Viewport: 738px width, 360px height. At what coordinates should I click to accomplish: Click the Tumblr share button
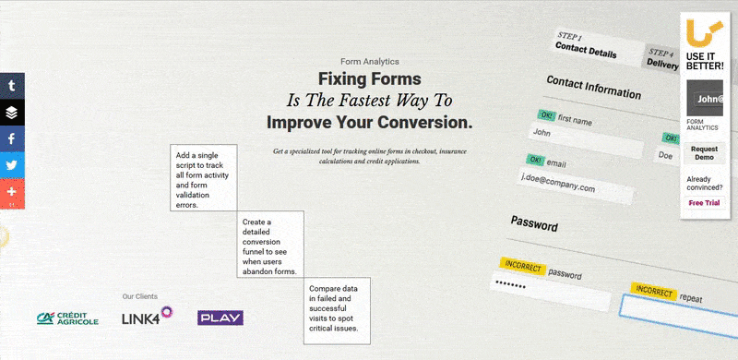[12, 86]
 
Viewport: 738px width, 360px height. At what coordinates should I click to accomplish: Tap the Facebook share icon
[12, 138]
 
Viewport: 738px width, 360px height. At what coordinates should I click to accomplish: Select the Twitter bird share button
[12, 165]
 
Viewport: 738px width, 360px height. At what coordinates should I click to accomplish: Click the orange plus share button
[12, 192]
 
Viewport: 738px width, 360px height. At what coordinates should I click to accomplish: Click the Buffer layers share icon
[12, 113]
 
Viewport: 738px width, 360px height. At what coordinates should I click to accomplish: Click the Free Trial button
[704, 202]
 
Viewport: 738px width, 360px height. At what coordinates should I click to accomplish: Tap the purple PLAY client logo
[220, 318]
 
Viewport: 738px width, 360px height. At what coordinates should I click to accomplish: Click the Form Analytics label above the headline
[369, 61]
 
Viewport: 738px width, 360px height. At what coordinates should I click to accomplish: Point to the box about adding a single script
[204, 177]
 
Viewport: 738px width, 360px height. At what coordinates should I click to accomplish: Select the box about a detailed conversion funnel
[270, 244]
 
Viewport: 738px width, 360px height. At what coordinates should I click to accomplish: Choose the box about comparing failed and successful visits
[337, 310]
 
